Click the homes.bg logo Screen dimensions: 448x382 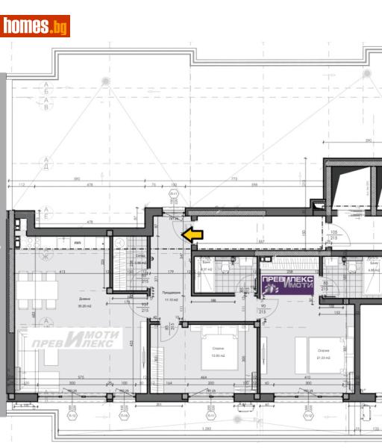pos(35,26)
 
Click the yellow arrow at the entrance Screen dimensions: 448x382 pos(192,234)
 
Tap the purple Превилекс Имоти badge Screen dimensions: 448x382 pos(286,284)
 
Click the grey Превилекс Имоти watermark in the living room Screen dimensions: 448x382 pos(75,339)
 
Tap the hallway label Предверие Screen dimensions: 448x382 pos(170,293)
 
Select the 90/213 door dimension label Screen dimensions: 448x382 pos(263,308)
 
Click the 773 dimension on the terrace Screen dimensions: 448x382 pos(234,180)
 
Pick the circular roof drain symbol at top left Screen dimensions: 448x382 pos(105,81)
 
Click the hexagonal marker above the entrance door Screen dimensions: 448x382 pos(174,193)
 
